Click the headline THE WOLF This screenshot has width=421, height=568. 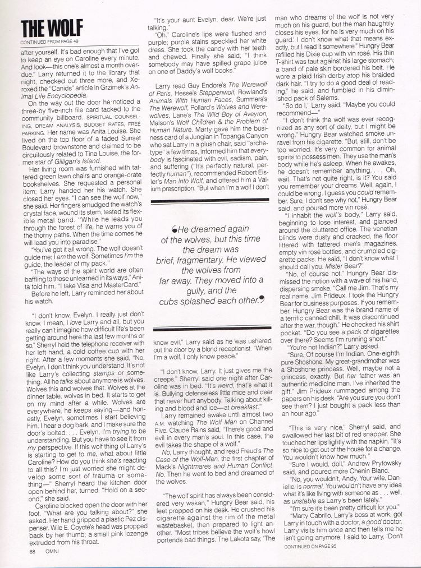tap(51, 28)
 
